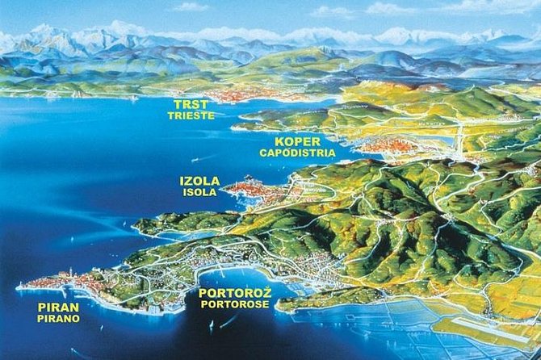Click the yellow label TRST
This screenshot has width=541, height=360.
click(191, 104)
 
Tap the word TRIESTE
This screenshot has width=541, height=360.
click(191, 115)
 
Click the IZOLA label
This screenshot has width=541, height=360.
click(199, 182)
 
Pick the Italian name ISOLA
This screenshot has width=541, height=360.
click(199, 193)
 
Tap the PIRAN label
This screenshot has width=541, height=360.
click(58, 307)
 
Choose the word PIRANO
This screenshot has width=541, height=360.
click(58, 319)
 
